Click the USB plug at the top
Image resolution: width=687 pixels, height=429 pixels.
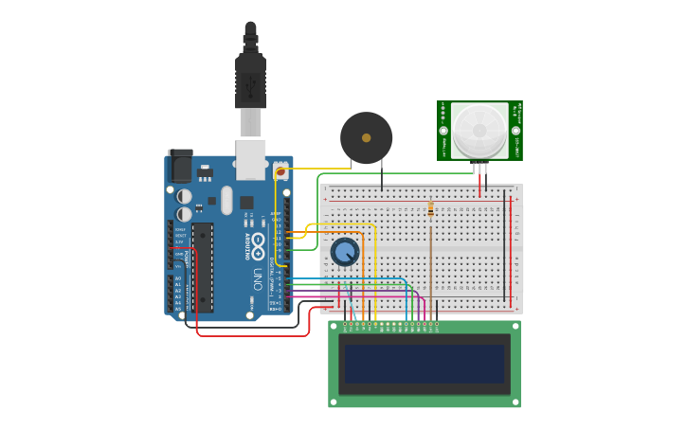250,80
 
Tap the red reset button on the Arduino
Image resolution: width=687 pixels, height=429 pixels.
280,171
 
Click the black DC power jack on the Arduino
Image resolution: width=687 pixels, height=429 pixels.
180,167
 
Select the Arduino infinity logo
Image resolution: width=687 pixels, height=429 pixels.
257,245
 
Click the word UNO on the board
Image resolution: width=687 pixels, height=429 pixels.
257,278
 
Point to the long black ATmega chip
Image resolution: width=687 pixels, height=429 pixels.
202,267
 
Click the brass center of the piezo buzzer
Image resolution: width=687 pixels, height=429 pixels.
366,137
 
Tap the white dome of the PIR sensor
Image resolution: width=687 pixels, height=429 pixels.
479,130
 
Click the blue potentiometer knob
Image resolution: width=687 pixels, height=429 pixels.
345,252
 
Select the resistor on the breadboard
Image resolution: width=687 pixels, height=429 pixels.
431,208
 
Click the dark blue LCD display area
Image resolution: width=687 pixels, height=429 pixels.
424,363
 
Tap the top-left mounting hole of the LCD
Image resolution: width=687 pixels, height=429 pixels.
334,327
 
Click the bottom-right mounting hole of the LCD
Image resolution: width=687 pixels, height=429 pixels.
514,401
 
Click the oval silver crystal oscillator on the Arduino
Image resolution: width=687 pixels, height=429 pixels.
226,200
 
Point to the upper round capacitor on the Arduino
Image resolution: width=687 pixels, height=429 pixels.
185,196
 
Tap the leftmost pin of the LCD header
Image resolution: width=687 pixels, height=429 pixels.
345,328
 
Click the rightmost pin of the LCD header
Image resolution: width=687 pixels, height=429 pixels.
436,328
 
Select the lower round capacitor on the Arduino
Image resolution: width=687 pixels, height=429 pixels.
185,214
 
